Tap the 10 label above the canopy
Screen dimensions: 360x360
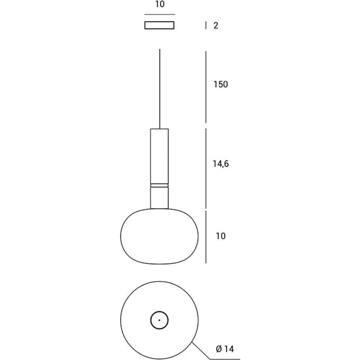tap(160, 4)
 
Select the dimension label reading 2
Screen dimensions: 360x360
tap(215, 25)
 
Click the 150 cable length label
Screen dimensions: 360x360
tap(221, 85)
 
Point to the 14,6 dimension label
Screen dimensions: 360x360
tap(221, 164)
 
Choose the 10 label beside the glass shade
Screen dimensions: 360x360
tap(221, 236)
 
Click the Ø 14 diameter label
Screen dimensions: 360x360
tap(225, 349)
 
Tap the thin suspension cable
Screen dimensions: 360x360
tap(160, 89)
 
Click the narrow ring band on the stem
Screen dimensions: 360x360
tap(159, 185)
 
